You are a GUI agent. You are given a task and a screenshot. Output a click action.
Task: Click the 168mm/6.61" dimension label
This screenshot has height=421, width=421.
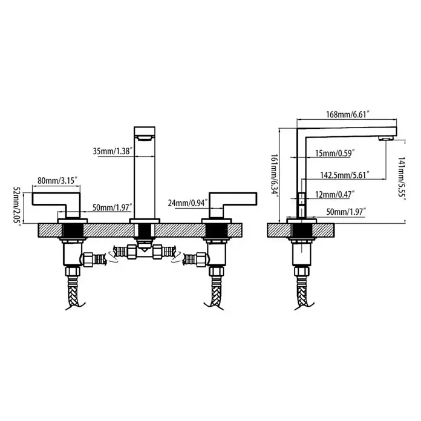(348, 114)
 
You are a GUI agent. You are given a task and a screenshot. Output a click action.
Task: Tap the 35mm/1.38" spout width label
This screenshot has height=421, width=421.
(113, 151)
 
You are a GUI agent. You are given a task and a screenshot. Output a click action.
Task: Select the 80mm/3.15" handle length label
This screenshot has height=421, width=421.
(57, 180)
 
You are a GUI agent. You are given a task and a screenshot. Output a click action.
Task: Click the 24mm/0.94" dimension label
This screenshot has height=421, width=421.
(188, 203)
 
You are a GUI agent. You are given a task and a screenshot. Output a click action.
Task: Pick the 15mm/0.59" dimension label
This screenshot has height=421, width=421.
(335, 153)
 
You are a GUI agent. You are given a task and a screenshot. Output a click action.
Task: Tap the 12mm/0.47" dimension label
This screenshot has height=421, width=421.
(335, 194)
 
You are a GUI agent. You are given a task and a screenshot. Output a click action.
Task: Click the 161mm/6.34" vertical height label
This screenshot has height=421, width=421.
(274, 175)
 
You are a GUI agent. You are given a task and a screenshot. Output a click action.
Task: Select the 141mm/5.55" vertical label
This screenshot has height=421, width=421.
(402, 177)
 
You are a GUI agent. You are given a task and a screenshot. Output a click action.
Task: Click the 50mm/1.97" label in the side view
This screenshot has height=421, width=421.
(347, 212)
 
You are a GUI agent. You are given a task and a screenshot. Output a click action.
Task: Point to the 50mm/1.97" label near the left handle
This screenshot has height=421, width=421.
(113, 207)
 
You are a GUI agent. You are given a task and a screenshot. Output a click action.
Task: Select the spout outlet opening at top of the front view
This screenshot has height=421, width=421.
(145, 139)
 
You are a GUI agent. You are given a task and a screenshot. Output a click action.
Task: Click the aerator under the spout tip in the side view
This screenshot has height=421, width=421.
(386, 139)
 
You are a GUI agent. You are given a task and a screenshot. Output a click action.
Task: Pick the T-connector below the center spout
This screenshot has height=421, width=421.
(145, 252)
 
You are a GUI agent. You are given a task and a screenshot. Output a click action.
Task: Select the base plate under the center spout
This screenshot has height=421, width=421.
(145, 221)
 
